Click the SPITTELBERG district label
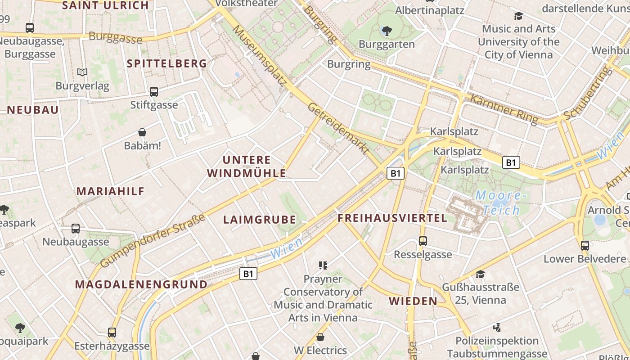(x=167, y=63)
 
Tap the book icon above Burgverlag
(x=82, y=72)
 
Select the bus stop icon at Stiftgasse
(x=154, y=92)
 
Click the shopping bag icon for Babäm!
(x=142, y=132)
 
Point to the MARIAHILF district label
(x=110, y=191)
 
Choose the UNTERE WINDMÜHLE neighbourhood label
(x=247, y=166)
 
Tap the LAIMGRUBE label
(x=260, y=220)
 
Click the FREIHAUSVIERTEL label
(x=392, y=218)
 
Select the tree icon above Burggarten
(x=387, y=31)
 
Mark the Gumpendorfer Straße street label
(x=153, y=240)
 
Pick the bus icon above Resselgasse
(x=423, y=241)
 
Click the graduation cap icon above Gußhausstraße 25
(x=480, y=274)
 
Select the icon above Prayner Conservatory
(x=323, y=265)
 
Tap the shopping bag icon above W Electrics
(x=320, y=337)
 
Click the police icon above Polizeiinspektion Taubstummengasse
(x=497, y=327)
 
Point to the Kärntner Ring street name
(x=504, y=109)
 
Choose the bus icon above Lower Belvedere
(x=585, y=246)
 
